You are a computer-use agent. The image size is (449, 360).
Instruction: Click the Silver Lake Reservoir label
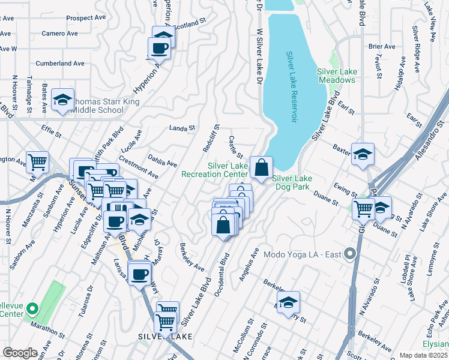coord(292,87)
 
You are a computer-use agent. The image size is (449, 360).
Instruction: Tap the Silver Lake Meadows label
coord(337,76)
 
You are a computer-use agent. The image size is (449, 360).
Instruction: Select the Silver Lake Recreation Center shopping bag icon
coord(262,168)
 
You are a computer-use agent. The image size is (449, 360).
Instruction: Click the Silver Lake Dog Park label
coord(292,182)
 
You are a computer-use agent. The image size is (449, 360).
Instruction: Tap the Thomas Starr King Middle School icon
coord(62,101)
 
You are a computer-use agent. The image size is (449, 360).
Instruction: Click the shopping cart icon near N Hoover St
coord(38,161)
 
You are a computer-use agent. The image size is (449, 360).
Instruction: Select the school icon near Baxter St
coord(363,155)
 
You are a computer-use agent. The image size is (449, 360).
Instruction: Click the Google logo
coord(20,353)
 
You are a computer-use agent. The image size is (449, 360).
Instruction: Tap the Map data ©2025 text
coord(423,355)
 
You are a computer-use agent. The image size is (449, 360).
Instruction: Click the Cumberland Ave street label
coord(60,63)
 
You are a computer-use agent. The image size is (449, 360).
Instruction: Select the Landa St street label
coord(182,128)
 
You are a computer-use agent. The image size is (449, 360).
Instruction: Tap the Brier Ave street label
coord(382,46)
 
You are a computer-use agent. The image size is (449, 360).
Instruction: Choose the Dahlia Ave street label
coord(163,161)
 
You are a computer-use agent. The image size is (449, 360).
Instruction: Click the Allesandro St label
coord(427,136)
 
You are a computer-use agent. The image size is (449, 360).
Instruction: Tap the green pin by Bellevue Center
coord(32,310)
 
